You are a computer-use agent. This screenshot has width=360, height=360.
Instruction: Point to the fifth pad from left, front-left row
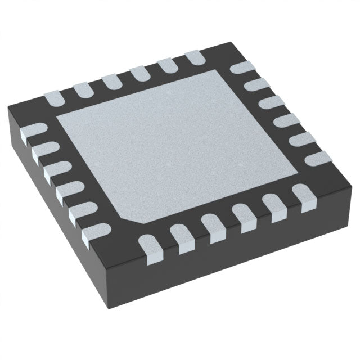coord(79,215)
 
